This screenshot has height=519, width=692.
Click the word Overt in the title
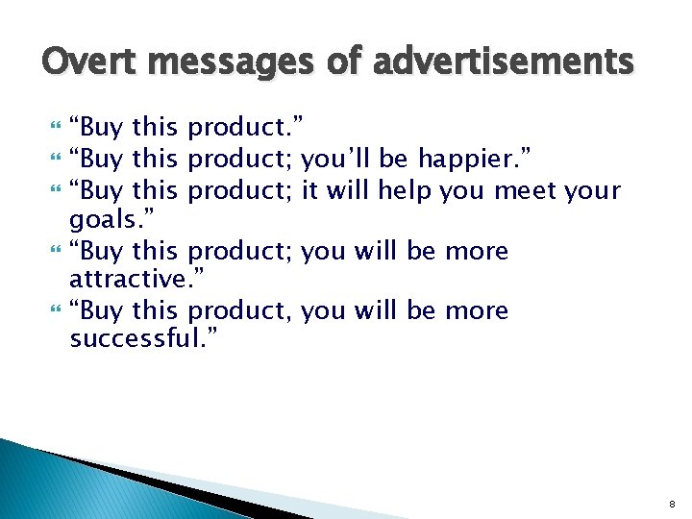[85, 62]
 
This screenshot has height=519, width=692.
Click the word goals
[106, 220]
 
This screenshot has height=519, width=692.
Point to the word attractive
[127, 280]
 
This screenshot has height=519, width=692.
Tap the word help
[405, 190]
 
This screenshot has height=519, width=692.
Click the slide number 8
[673, 503]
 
